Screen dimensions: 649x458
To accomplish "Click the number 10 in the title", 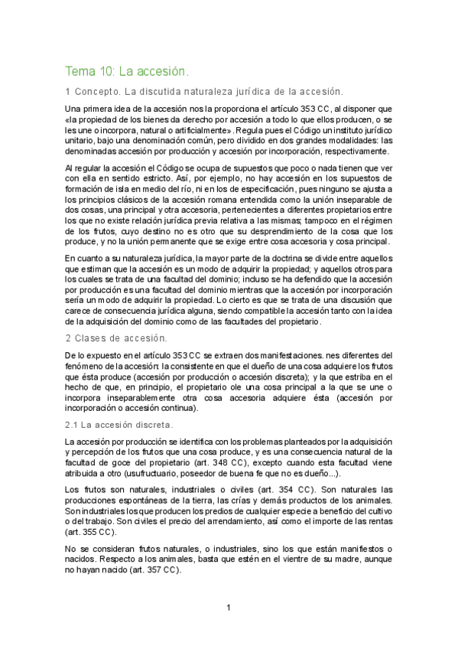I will [107, 72].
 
